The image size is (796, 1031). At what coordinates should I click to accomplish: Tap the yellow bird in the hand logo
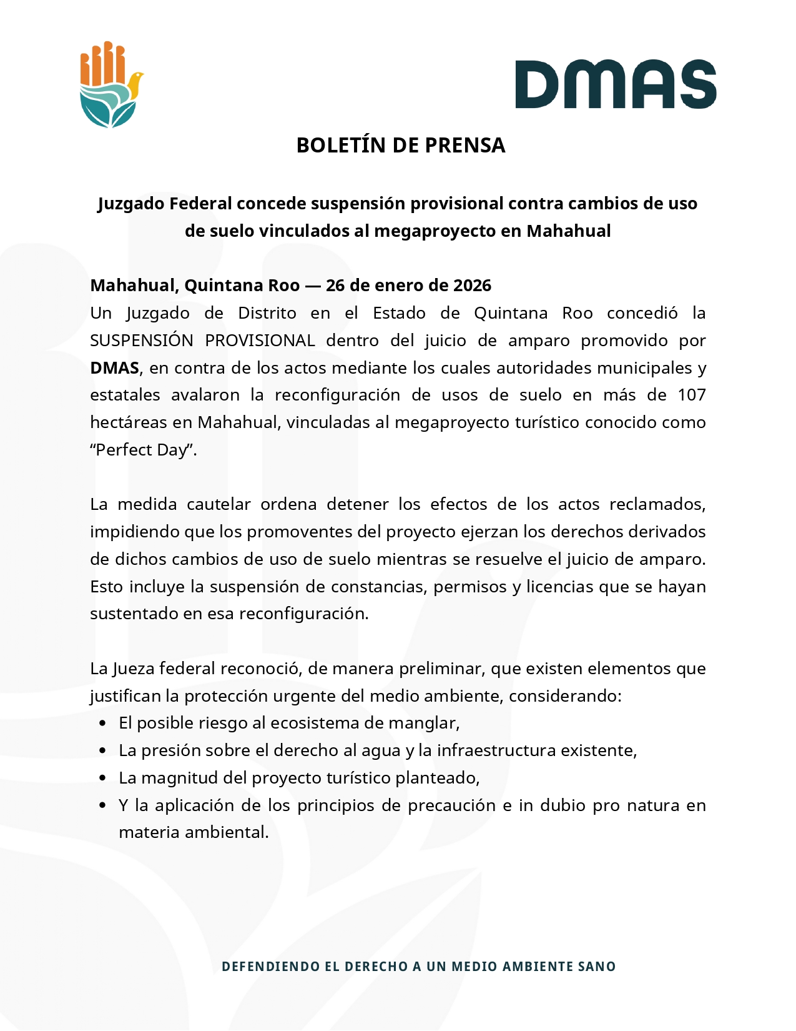(134, 84)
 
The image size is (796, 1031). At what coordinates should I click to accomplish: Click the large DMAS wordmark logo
(615, 84)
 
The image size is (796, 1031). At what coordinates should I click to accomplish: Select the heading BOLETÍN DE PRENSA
(400, 145)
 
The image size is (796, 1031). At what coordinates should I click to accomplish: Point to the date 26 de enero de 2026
(408, 286)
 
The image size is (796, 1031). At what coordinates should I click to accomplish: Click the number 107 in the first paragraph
(691, 395)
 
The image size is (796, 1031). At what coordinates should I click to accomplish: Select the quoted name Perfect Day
(144, 450)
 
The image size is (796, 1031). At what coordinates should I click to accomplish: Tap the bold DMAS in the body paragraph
(114, 368)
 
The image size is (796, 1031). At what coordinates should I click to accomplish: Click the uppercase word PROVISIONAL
(260, 341)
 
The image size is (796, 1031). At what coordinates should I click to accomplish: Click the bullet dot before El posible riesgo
(103, 724)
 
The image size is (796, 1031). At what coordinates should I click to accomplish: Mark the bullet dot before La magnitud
(103, 778)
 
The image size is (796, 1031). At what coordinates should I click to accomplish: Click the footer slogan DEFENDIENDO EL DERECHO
(418, 967)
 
